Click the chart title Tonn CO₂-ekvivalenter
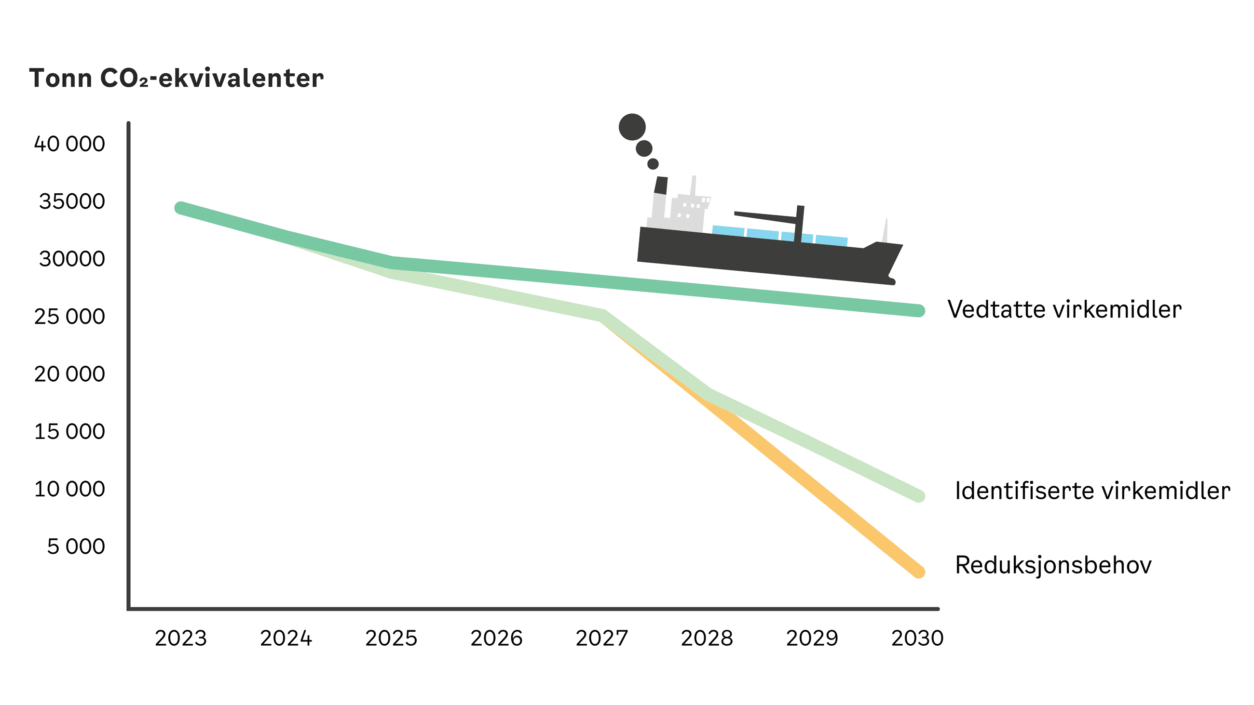176,79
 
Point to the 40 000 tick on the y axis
69,144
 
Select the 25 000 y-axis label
69,317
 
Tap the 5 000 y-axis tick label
75,547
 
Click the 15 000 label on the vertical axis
69,432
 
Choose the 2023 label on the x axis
180,638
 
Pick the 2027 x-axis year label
602,638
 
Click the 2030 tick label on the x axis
917,638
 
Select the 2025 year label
391,638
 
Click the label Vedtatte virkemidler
1064,309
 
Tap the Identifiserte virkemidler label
1092,491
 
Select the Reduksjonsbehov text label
1053,565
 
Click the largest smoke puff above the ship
632,127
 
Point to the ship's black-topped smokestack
661,186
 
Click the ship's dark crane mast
799,224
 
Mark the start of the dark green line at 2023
180,208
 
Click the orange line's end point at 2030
918,572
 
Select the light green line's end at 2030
918,496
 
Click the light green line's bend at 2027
603,316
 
